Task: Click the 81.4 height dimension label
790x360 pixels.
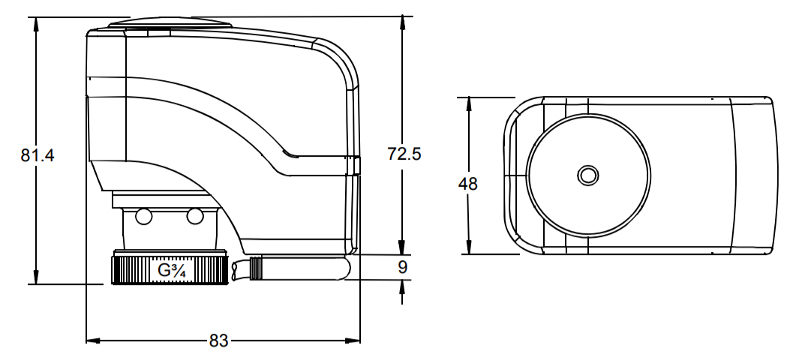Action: (x=38, y=155)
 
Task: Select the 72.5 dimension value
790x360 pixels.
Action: (x=404, y=154)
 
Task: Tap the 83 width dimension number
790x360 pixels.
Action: (x=218, y=340)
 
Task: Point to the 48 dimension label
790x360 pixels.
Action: (x=468, y=184)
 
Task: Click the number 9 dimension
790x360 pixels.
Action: (x=402, y=267)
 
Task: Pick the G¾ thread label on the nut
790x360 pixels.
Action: (x=172, y=271)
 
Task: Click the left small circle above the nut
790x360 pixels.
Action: (x=144, y=217)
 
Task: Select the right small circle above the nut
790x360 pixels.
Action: (x=195, y=217)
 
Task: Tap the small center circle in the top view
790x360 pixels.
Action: (x=587, y=175)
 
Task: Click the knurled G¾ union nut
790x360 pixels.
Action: (x=170, y=269)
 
